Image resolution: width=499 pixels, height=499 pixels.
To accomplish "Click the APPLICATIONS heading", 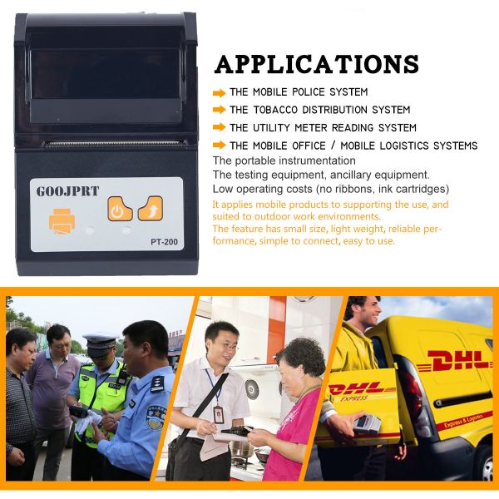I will (316, 64).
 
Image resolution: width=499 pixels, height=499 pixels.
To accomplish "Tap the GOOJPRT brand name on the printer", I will (67, 191).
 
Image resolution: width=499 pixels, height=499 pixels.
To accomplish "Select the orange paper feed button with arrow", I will (150, 208).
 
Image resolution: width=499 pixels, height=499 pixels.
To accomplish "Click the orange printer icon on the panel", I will (62, 222).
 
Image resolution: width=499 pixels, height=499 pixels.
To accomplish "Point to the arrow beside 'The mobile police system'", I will (219, 92).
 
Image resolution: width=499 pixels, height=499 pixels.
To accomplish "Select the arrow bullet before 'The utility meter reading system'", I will (219, 128).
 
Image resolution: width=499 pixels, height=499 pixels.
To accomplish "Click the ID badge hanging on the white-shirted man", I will (218, 413).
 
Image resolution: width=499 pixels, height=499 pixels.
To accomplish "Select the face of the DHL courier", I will (364, 314).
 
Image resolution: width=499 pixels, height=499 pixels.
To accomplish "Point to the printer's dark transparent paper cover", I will (106, 75).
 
